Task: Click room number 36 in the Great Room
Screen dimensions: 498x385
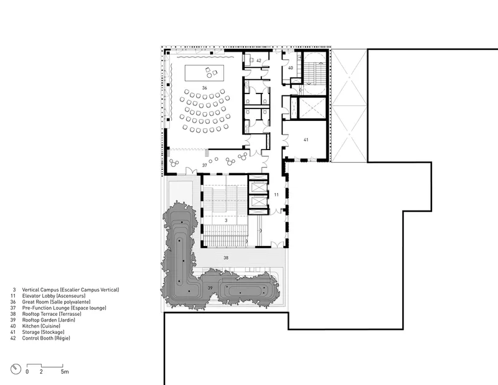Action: [205, 88]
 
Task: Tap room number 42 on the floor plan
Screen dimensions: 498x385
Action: [259, 60]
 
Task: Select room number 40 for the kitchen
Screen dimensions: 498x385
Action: [290, 68]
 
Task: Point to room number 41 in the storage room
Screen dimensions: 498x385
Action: [306, 140]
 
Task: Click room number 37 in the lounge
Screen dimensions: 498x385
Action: [205, 165]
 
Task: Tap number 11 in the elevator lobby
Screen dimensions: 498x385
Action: [276, 194]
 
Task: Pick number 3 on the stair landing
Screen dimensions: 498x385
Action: [226, 221]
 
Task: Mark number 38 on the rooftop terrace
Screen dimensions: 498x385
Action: [226, 257]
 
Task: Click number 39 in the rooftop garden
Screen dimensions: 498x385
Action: [210, 288]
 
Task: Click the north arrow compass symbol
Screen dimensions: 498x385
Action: [16, 369]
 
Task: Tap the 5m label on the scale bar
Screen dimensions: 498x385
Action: [65, 372]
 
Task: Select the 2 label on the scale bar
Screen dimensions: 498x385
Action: [41, 372]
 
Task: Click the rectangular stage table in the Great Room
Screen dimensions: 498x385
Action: [205, 73]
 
